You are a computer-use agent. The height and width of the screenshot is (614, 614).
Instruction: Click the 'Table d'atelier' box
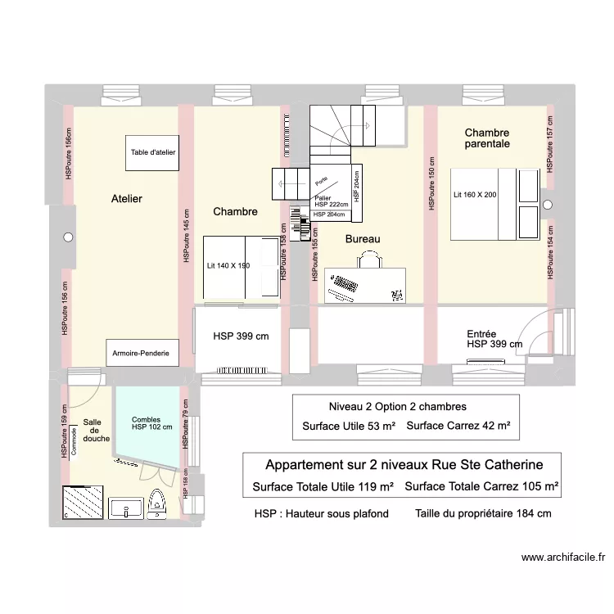click(153, 152)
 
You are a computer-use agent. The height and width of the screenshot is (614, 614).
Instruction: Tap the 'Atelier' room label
click(127, 199)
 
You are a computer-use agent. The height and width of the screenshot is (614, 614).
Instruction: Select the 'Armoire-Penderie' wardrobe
click(141, 353)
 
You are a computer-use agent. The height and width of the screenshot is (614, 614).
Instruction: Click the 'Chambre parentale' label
click(487, 138)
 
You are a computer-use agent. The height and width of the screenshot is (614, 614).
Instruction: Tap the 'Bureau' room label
click(363, 239)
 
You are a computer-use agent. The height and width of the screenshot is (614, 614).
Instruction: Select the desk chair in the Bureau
click(369, 259)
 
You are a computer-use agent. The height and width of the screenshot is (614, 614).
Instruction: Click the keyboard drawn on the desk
click(344, 286)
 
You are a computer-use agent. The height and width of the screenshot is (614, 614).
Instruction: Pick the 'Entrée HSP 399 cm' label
click(494, 340)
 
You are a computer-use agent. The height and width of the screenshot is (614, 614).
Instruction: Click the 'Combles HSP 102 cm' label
click(151, 423)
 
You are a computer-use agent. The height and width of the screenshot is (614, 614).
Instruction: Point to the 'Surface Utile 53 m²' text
click(349, 426)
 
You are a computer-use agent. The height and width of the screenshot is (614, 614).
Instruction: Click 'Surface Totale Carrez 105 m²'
click(481, 487)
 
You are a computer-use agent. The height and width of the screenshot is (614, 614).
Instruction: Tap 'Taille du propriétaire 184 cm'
click(483, 514)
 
